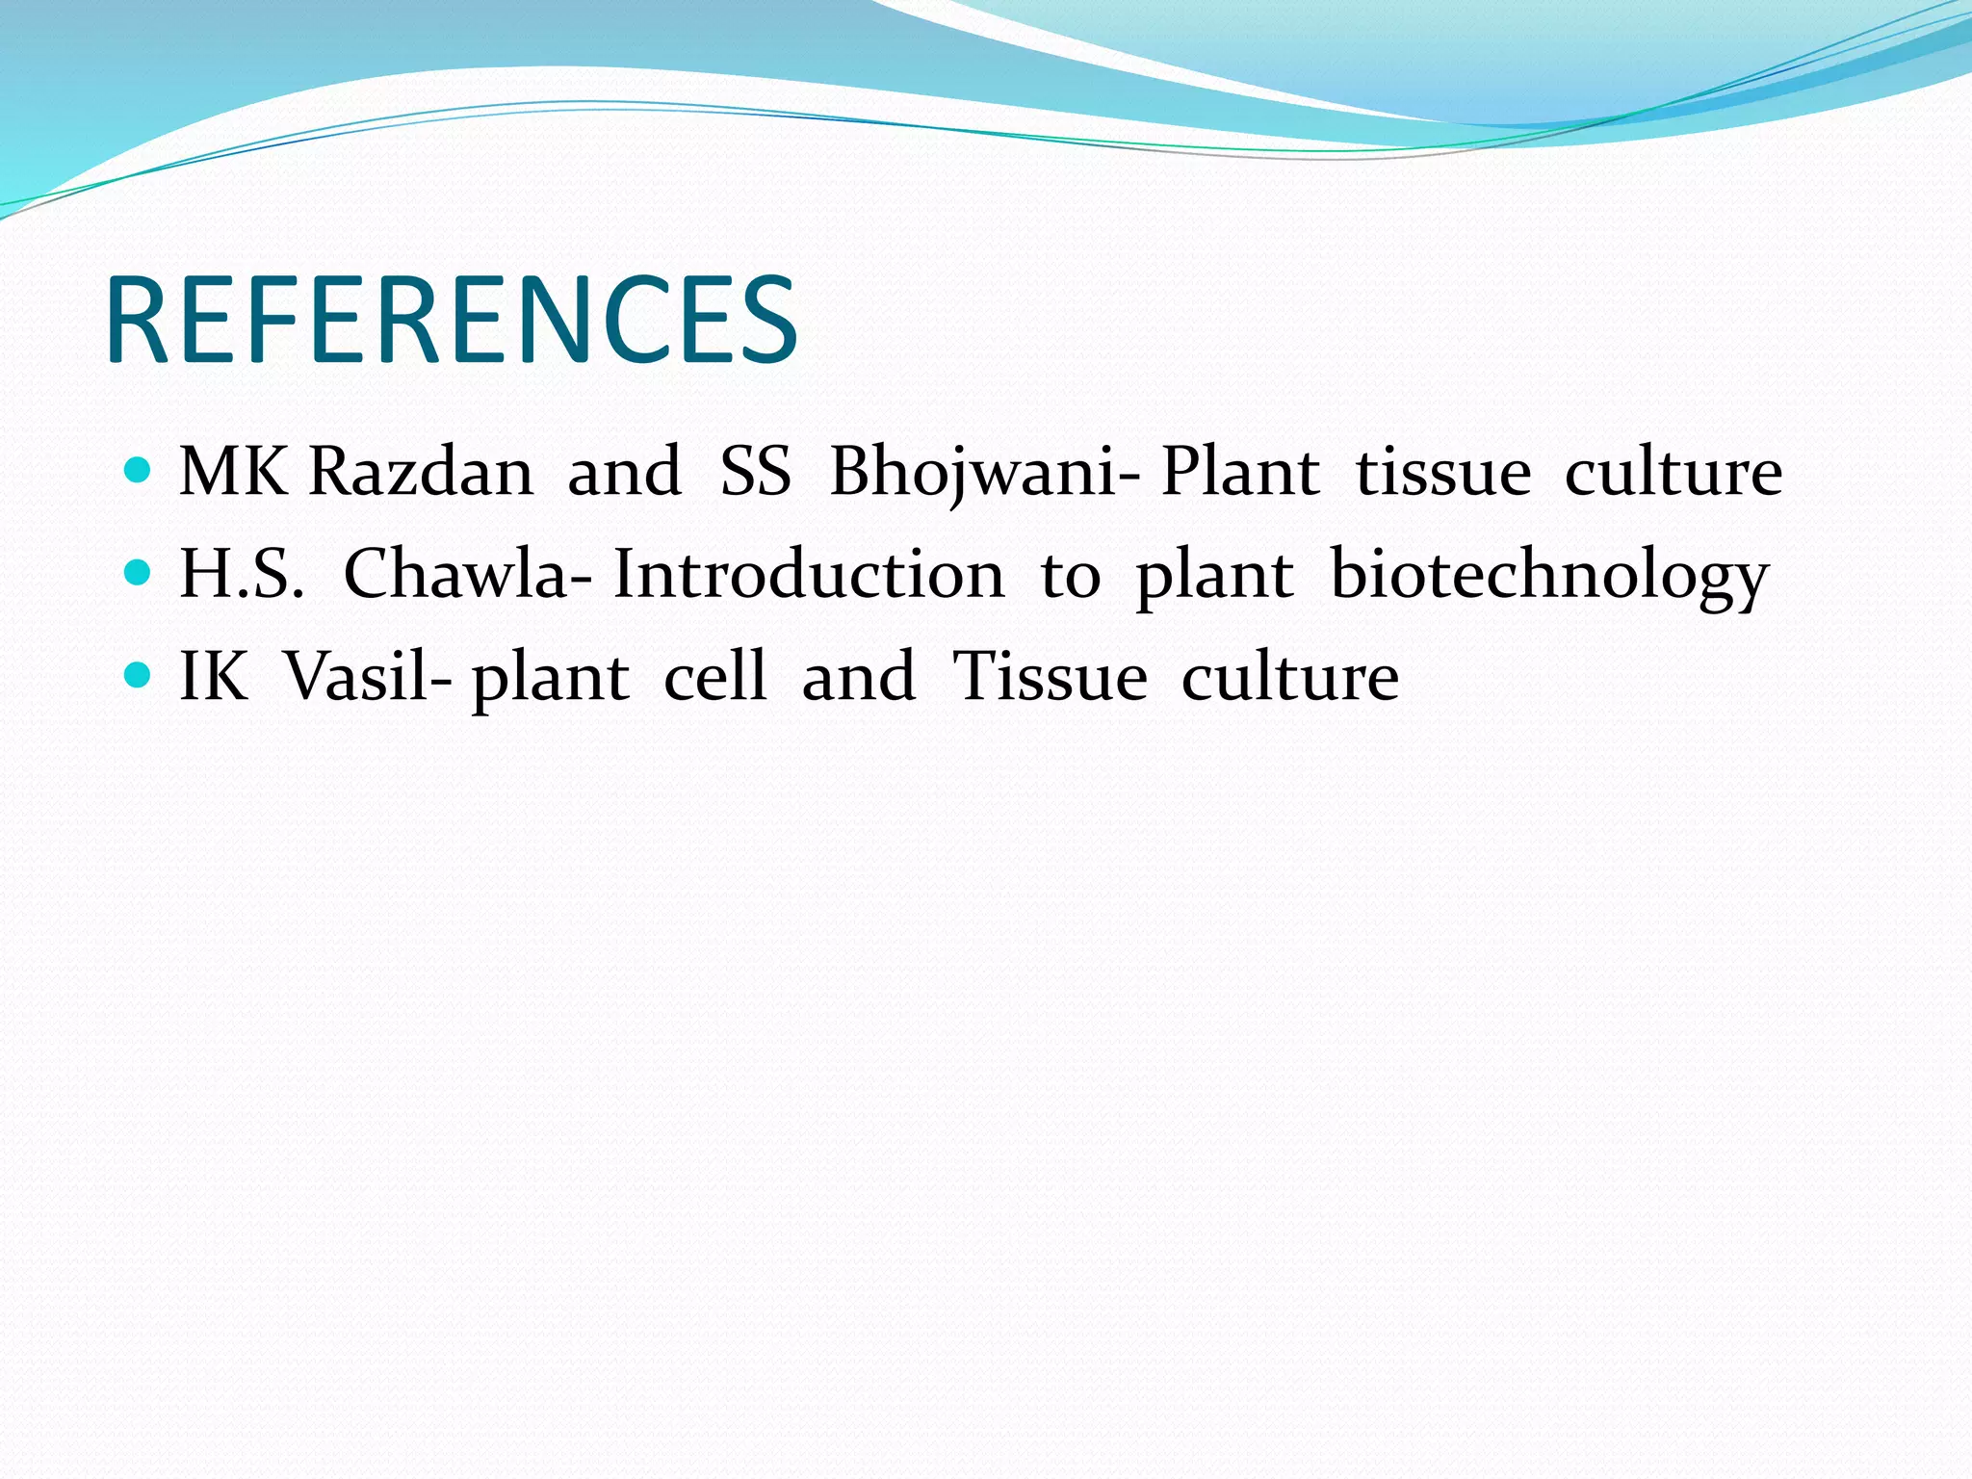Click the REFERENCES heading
point(451,321)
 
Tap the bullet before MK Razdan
point(139,471)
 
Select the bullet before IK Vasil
point(139,675)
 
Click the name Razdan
point(421,473)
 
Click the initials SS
point(756,473)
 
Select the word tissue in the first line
point(1442,473)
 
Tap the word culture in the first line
point(1673,473)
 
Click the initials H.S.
point(242,575)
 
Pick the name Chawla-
point(468,575)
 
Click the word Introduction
point(809,575)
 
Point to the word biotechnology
point(1549,575)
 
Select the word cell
point(714,677)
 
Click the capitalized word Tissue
point(1050,677)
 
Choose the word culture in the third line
point(1289,677)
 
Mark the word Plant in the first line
point(1240,473)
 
